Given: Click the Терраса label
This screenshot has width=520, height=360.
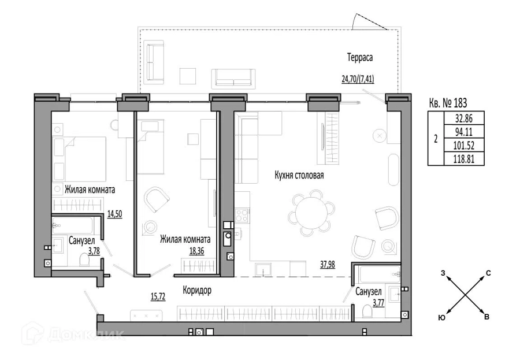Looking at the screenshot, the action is coord(360,57).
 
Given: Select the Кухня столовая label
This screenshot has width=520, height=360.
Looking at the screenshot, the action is coord(299,175).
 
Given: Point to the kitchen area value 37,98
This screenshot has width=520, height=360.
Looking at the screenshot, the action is coord(328,265).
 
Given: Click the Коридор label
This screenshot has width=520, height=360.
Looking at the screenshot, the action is coord(197,290).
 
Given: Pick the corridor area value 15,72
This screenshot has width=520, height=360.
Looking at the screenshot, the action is coord(158,296).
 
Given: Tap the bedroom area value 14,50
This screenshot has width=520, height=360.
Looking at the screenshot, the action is coord(115,214).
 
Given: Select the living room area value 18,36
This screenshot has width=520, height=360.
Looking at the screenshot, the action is coord(196,251).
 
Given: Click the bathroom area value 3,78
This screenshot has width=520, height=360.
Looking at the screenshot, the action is coord(94,251).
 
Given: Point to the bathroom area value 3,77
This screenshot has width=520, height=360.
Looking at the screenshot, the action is coord(378,303).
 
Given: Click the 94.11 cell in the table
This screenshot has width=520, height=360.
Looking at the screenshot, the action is coord(463,132).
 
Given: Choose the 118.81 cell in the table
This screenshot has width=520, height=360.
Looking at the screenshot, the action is coord(463,159).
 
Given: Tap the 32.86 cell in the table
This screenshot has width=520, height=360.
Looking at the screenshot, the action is coord(463,118).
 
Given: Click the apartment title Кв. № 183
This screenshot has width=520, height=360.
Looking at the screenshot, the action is coord(448,103).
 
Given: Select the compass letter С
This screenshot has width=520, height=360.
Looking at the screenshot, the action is coord(488,273).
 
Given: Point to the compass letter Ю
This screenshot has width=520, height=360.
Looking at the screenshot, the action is coord(442,318).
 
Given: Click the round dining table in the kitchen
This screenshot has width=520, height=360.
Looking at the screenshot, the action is coord(311,210).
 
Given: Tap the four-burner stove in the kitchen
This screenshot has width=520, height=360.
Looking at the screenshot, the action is coord(242,215).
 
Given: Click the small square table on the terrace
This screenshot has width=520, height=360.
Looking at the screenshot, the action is coord(188,76).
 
